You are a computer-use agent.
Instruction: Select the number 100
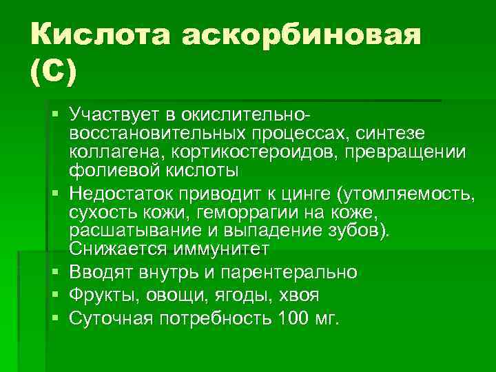tap(293, 319)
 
